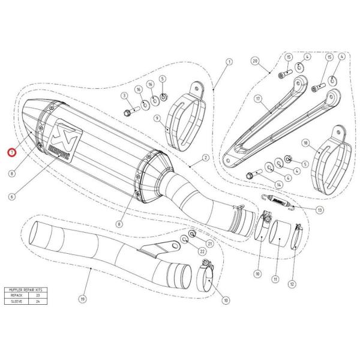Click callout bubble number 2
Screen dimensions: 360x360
pyautogui.click(x=205, y=158)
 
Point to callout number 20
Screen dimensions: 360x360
pyautogui.click(x=254, y=62)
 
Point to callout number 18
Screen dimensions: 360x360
pyautogui.click(x=305, y=143)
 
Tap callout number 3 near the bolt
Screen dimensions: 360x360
pyautogui.click(x=122, y=95)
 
